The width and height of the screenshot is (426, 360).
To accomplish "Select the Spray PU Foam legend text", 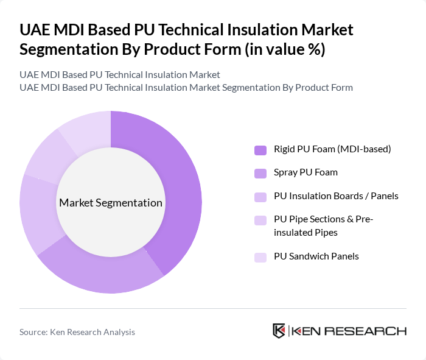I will (x=305, y=172).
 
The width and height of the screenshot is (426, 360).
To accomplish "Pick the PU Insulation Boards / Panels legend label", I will (x=335, y=196).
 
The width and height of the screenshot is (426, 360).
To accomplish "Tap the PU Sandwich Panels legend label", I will (x=315, y=256).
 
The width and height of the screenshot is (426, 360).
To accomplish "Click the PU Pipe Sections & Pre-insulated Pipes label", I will (x=323, y=226).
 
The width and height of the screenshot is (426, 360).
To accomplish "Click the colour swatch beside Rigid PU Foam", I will (x=260, y=150).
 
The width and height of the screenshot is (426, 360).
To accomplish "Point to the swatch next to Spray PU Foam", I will (x=260, y=173).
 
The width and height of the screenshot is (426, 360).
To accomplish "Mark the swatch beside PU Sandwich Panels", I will (x=260, y=257).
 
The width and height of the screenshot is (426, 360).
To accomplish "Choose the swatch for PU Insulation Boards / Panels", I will (x=260, y=197).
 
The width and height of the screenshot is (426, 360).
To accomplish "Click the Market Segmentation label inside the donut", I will (x=111, y=203).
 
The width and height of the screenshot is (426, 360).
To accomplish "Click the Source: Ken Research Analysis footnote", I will (x=77, y=332).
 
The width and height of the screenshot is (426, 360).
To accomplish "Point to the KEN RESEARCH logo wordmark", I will (x=349, y=331).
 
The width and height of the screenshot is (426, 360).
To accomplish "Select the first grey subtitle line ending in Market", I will (x=120, y=75).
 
